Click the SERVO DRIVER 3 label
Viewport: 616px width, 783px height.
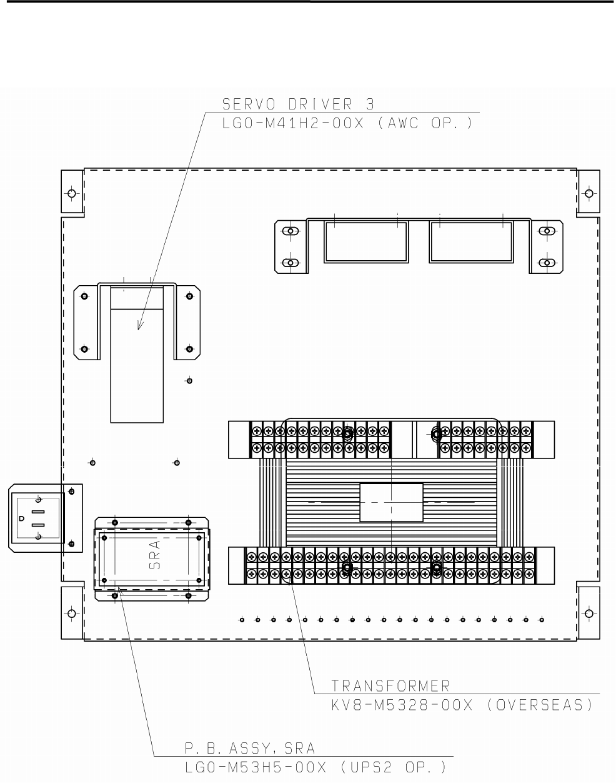(x=298, y=104)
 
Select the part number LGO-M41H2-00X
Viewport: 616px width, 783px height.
(x=292, y=123)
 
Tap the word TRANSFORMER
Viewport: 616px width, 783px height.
(x=390, y=686)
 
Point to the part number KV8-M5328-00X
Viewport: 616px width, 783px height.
(x=402, y=705)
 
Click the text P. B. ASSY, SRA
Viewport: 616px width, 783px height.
(x=250, y=749)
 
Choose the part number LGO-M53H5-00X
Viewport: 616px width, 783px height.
(x=256, y=767)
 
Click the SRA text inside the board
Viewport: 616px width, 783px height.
(x=155, y=555)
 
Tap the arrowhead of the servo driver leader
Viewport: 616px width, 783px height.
(x=140, y=326)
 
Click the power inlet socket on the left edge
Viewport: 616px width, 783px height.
(x=37, y=518)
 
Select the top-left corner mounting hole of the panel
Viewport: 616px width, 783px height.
(x=72, y=193)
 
